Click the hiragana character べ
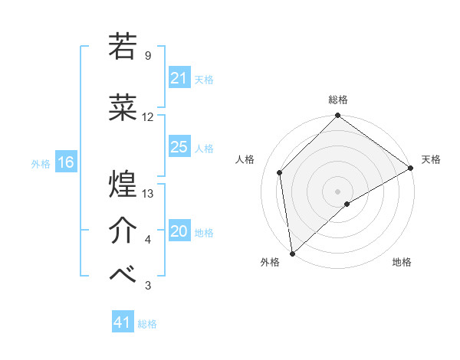[124, 275]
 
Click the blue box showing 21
[179, 78]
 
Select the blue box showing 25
[179, 147]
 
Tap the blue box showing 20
[179, 231]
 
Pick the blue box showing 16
[65, 162]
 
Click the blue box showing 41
[123, 322]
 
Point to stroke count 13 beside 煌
[149, 194]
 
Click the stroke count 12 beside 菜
[148, 117]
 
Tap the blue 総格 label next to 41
[147, 324]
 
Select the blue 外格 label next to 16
[41, 163]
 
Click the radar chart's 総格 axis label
[337, 100]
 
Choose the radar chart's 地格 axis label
[402, 263]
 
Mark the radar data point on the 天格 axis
[411, 168]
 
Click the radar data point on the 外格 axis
[292, 253]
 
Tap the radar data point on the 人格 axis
[280, 172]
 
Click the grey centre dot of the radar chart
[337, 191]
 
